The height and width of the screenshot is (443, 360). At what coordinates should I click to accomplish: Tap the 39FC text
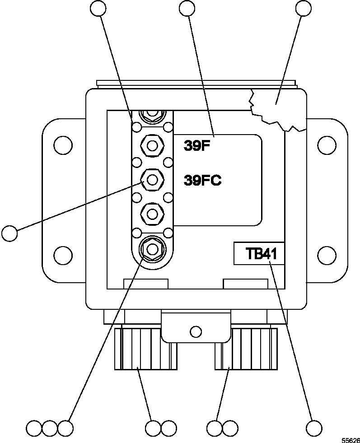click(x=202, y=181)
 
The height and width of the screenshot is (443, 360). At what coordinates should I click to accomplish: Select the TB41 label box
click(x=258, y=254)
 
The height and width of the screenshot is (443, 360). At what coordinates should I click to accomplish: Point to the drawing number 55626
click(x=350, y=439)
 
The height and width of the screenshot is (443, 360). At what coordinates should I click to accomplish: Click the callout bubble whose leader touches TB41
click(x=314, y=427)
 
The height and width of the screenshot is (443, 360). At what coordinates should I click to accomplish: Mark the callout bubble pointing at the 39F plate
click(x=187, y=8)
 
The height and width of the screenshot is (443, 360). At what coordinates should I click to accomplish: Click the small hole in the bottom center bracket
click(x=195, y=332)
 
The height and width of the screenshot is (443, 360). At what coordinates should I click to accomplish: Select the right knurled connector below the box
click(x=246, y=349)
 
